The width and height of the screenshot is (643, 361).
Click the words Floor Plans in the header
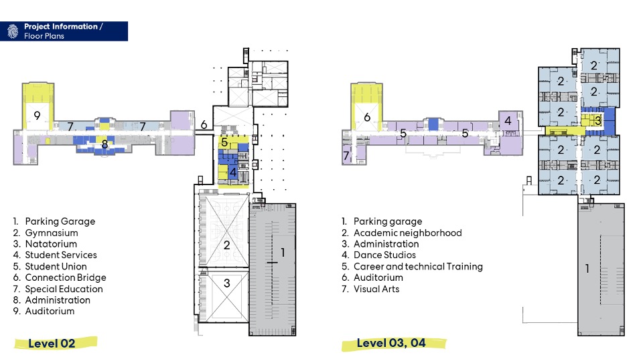pyautogui.click(x=44, y=35)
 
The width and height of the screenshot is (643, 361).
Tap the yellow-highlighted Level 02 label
pyautogui.click(x=52, y=344)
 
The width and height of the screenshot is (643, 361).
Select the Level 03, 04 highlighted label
pyautogui.click(x=391, y=343)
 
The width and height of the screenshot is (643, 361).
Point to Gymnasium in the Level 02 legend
pyautogui.click(x=51, y=233)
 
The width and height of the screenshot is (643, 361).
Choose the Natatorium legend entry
pyautogui.click(x=52, y=244)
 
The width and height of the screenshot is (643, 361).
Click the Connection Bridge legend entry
pyautogui.click(x=65, y=277)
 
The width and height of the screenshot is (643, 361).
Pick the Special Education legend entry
pyautogui.click(x=64, y=289)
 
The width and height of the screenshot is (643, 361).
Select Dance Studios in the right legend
pyautogui.click(x=384, y=255)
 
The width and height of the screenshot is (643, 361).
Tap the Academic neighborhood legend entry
pyautogui.click(x=407, y=233)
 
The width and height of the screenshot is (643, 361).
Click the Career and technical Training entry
pyautogui.click(x=418, y=266)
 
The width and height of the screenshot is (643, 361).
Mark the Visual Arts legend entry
pyautogui.click(x=376, y=289)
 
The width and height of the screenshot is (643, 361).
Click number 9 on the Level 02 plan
pyautogui.click(x=38, y=116)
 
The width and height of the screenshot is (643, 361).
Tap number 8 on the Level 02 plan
pyautogui.click(x=104, y=143)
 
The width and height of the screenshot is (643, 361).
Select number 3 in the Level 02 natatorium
pyautogui.click(x=227, y=283)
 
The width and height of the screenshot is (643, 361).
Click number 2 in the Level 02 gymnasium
pyautogui.click(x=227, y=245)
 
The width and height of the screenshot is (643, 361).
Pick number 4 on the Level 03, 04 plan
pyautogui.click(x=508, y=121)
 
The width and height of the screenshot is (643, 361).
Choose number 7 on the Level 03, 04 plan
pyautogui.click(x=346, y=156)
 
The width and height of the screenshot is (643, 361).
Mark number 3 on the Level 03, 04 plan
pyautogui.click(x=597, y=121)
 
